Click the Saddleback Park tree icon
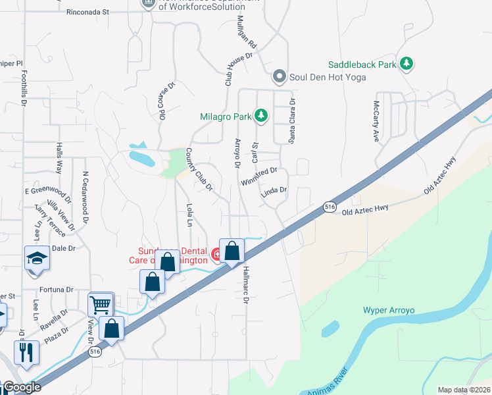[407, 64]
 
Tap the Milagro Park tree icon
[262, 117]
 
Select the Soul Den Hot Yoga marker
[280, 76]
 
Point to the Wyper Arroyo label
[389, 310]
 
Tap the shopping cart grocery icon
[101, 304]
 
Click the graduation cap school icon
[37, 258]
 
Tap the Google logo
[22, 388]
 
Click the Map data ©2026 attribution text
[463, 390]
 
